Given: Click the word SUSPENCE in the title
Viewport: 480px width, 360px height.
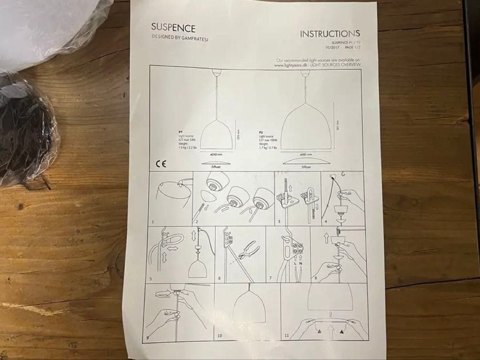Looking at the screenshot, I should point(173,28).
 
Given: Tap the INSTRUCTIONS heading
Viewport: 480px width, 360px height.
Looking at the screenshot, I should point(330,33).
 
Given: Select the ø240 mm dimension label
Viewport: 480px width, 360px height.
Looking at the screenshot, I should point(216,154).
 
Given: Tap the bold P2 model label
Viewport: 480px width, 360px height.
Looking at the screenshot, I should point(260,132).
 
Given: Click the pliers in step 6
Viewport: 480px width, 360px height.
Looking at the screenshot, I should point(248,250).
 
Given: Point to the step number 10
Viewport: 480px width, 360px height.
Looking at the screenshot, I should point(220,336).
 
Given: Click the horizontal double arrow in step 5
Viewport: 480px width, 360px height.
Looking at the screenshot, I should point(170,243).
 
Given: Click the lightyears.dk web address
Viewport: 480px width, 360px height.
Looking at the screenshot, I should point(292,65).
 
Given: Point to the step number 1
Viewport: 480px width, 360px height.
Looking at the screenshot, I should point(153,221).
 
